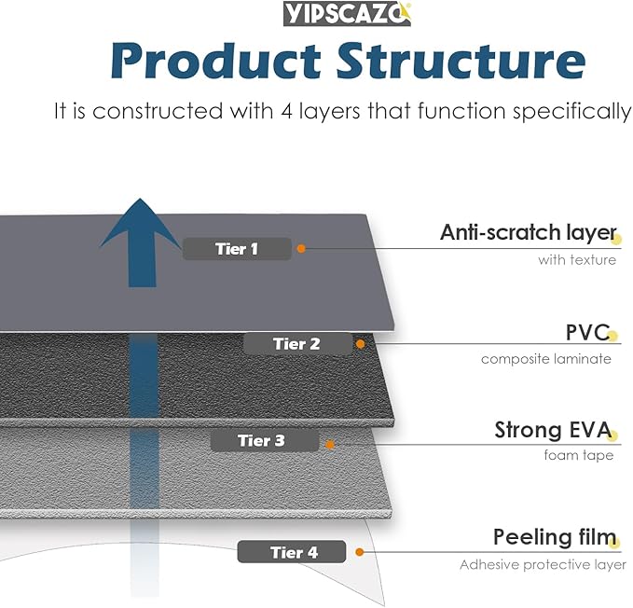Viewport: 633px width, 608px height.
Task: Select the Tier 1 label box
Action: (237, 249)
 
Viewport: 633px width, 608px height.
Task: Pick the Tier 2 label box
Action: (297, 344)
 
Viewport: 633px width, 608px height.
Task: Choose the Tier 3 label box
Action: (262, 440)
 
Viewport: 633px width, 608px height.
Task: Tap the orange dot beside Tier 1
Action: (301, 248)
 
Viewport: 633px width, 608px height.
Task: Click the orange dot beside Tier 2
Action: (361, 344)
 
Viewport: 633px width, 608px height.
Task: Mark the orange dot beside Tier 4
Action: (359, 551)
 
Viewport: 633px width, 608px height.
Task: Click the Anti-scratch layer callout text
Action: (528, 232)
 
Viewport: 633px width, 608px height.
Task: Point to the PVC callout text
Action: (587, 332)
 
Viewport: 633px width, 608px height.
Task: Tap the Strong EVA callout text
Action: (553, 431)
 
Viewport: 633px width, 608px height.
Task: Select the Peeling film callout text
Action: (555, 537)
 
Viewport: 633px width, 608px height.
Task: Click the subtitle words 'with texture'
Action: (576, 260)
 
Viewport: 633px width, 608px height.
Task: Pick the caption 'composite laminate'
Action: (546, 359)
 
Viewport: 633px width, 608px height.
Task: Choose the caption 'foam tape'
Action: (579, 456)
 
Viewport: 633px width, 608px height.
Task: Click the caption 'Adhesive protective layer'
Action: (543, 564)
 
